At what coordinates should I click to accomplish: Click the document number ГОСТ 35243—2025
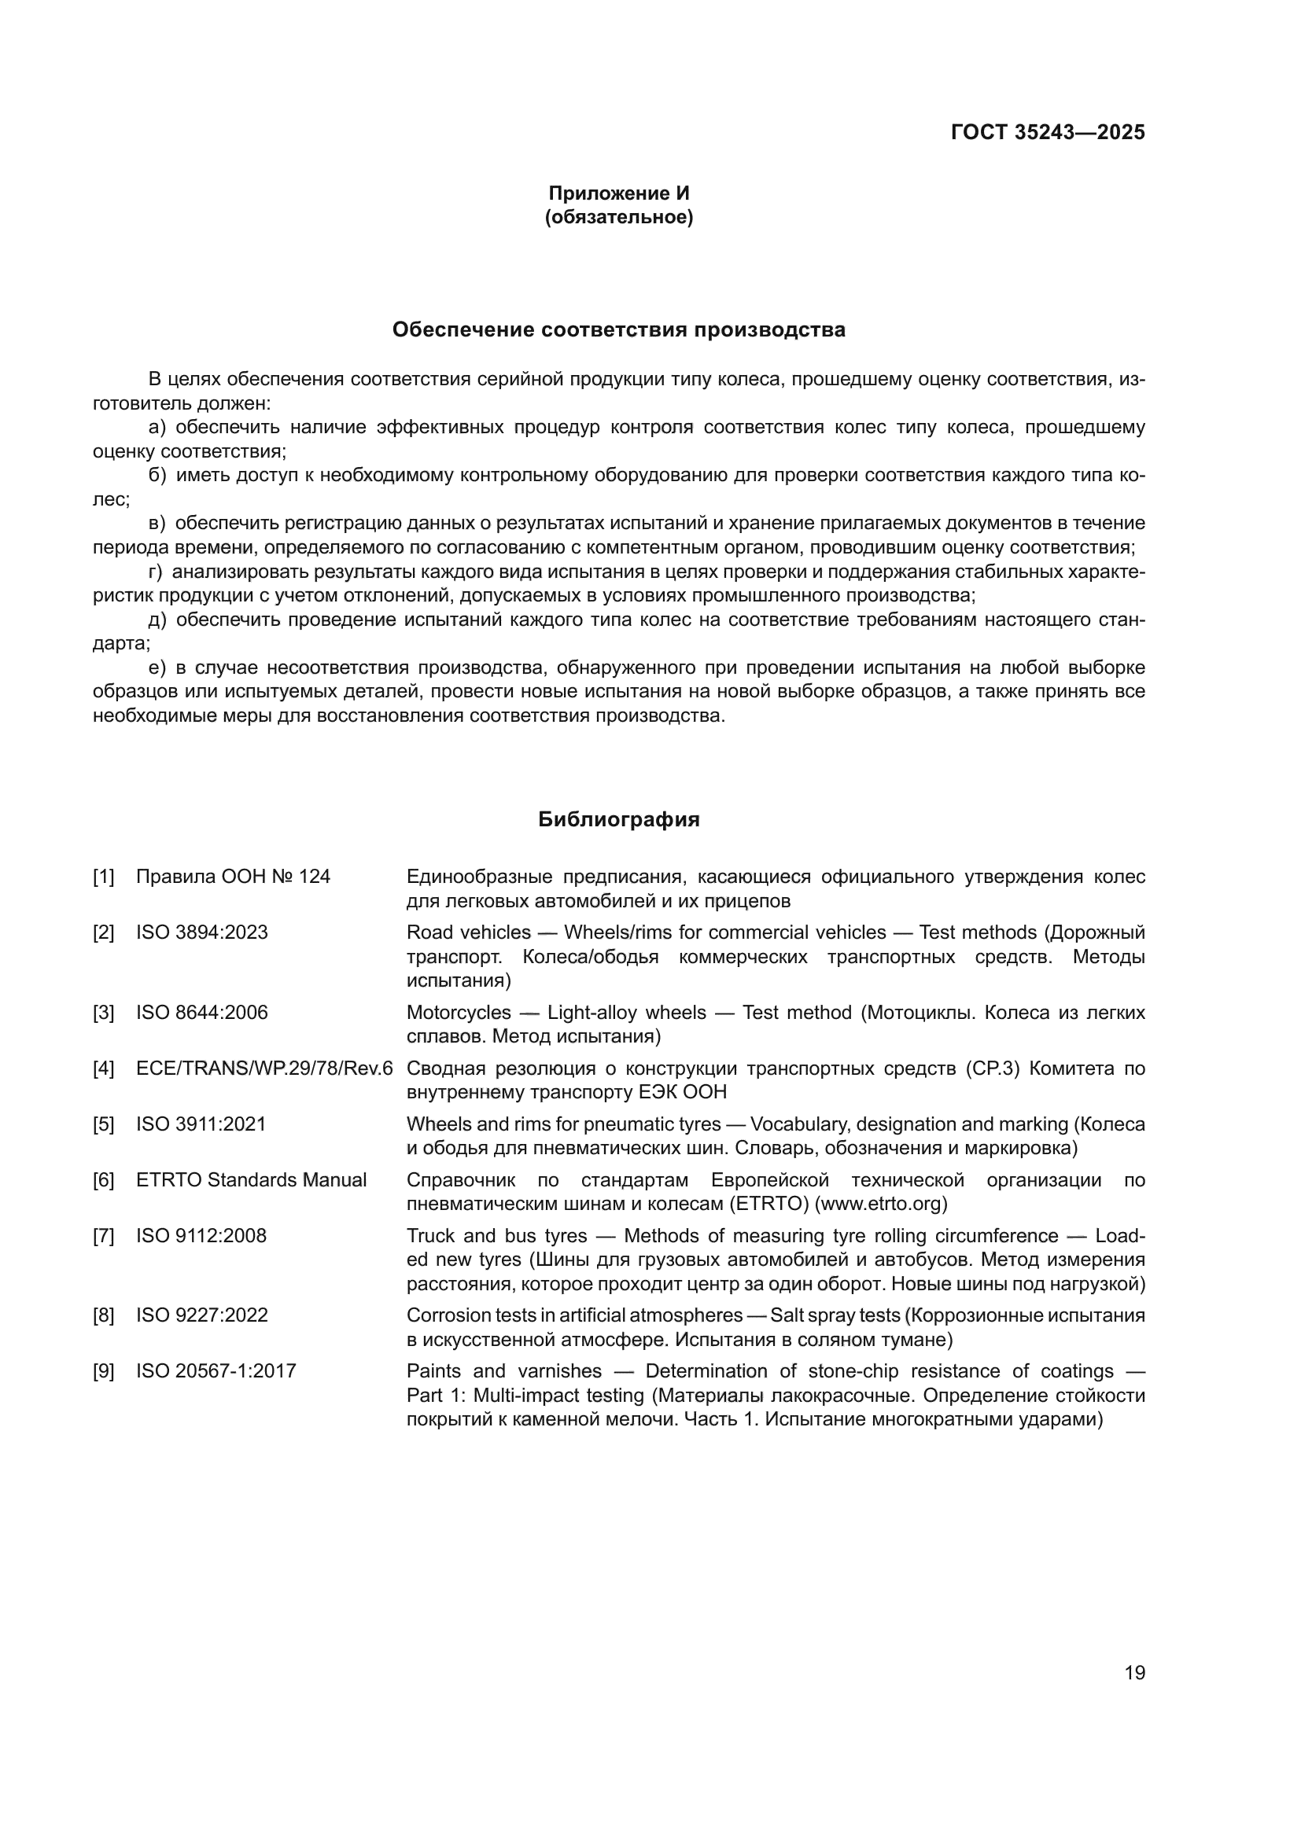1048,132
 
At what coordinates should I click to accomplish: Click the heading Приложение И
618,193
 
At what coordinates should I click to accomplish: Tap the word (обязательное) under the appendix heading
618,217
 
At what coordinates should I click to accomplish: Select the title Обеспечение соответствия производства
618,330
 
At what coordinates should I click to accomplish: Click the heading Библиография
618,819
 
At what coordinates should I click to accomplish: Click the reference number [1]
103,877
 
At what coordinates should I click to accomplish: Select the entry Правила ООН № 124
233,877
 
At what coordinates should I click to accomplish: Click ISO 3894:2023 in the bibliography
202,932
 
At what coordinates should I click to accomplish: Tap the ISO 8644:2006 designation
202,1013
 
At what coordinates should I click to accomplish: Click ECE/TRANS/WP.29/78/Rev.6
264,1068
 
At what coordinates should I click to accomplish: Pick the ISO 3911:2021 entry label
201,1124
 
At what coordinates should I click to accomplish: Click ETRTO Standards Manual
252,1180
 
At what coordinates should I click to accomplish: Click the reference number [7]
103,1236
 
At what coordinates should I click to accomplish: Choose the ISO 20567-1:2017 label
216,1371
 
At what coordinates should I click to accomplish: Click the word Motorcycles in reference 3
459,1013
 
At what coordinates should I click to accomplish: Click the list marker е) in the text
157,668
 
